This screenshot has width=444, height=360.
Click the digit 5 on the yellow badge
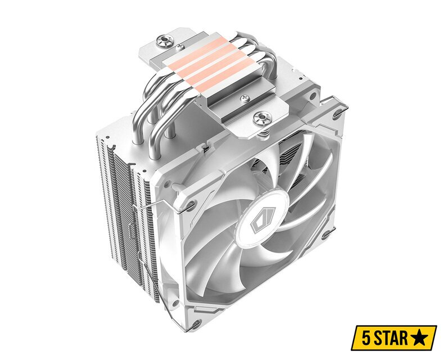[366, 338]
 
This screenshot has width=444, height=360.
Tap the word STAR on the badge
[392, 338]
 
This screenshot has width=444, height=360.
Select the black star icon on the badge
[420, 337]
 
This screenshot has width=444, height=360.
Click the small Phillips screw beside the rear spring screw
[179, 47]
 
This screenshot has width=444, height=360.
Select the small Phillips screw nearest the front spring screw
[245, 98]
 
